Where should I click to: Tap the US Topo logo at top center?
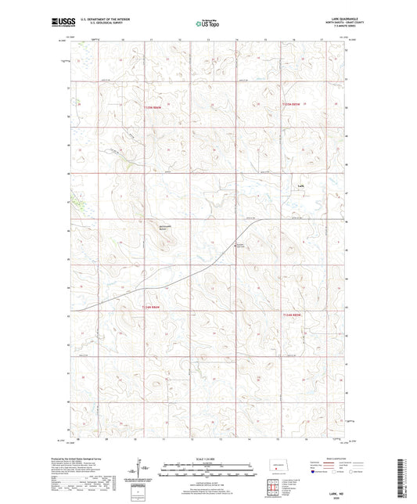tap(207, 23)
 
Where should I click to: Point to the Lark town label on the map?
tap(300, 185)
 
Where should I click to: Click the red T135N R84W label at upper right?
tap(292, 104)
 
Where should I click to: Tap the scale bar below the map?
tap(207, 473)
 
